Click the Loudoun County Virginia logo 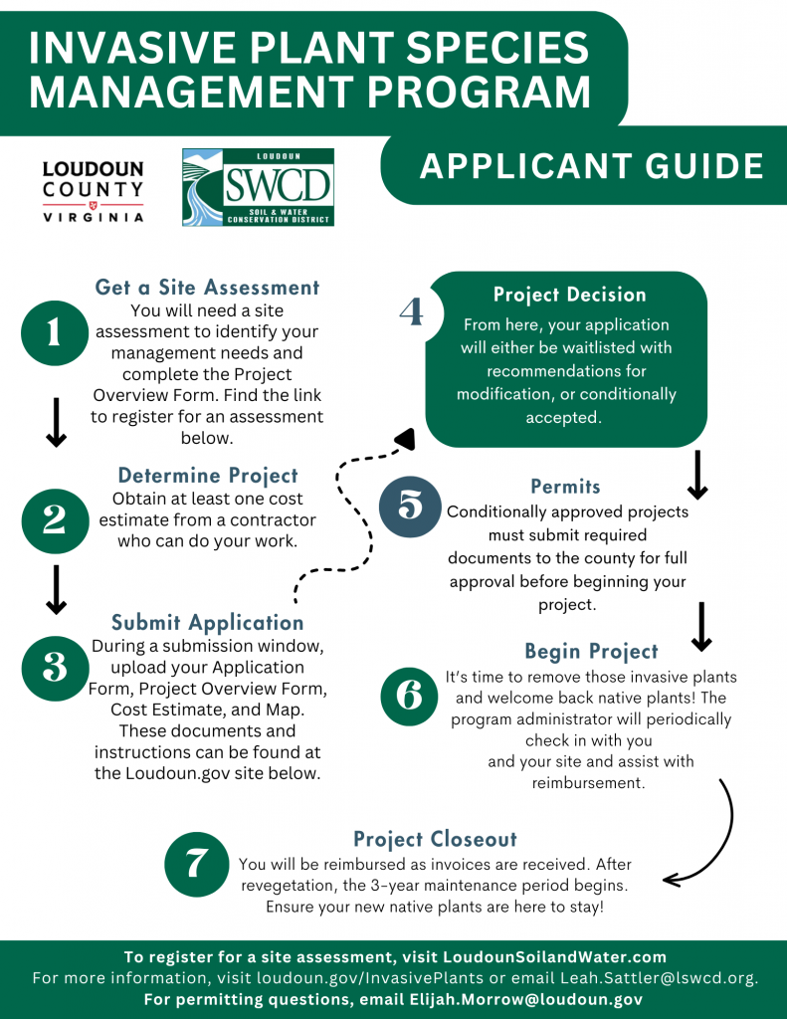tap(93, 191)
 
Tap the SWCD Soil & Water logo tap(258, 187)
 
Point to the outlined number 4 tap(410, 311)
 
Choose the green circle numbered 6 tap(410, 695)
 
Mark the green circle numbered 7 tap(195, 863)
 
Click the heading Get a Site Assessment tap(207, 288)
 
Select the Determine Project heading tap(208, 475)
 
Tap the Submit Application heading tap(207, 623)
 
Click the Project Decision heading tap(569, 295)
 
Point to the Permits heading tap(565, 487)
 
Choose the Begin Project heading tap(591, 652)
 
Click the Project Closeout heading tap(435, 839)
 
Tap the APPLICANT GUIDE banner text tap(591, 166)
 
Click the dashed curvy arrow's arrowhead tap(404, 439)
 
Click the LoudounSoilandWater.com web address tap(554, 956)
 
